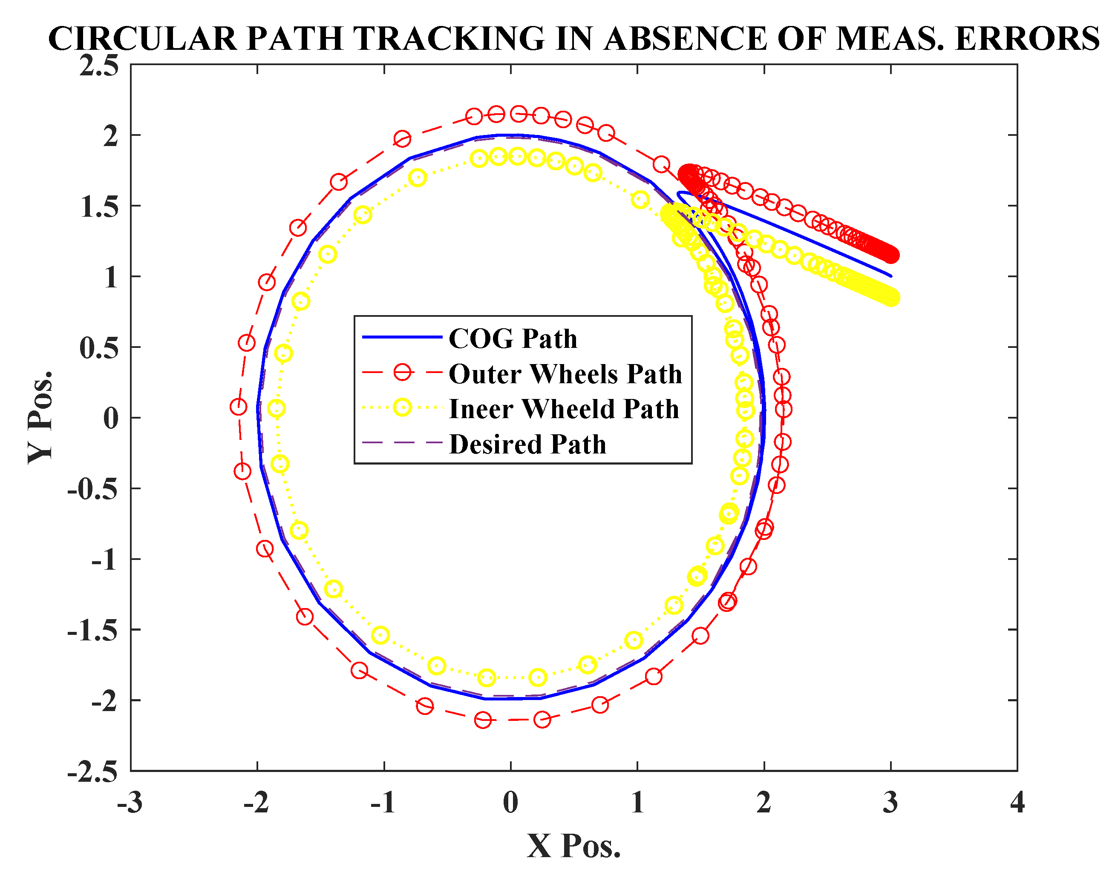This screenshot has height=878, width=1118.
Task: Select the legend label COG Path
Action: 513,339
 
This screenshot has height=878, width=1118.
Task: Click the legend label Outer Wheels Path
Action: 565,374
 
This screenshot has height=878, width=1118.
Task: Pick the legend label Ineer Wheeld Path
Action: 564,409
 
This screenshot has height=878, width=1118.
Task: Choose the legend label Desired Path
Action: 527,444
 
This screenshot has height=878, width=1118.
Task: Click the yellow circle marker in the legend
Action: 402,407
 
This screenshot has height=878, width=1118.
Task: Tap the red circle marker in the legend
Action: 402,372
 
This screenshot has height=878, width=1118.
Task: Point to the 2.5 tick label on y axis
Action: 99,66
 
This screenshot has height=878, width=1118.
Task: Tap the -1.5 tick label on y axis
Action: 92,631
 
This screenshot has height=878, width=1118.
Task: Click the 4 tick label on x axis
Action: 1017,803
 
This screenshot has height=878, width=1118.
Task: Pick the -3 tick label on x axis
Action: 130,803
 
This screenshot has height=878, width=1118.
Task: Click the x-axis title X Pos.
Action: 573,846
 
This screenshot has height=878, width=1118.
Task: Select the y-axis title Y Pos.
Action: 40,417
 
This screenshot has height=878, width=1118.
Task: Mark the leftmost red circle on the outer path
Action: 238,407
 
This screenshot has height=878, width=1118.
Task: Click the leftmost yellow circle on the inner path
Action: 277,409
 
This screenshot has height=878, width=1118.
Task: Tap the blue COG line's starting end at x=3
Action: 890,276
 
